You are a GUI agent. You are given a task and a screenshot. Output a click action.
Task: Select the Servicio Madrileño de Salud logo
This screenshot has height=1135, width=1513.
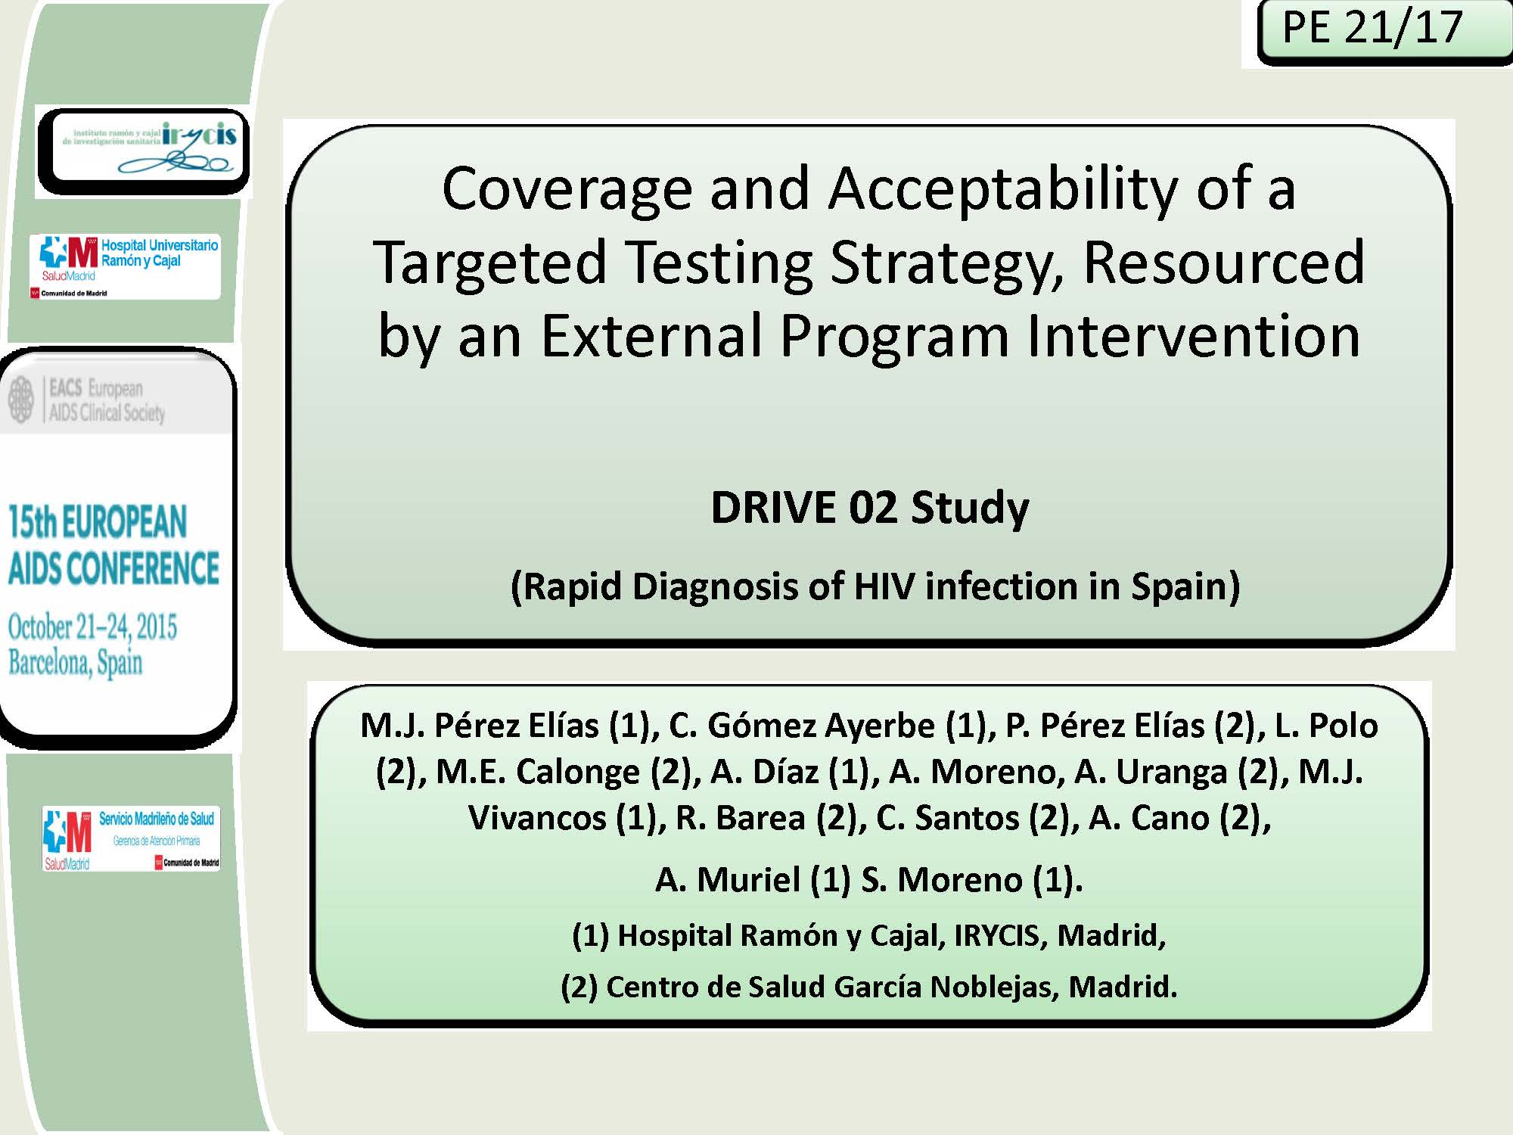click(x=131, y=838)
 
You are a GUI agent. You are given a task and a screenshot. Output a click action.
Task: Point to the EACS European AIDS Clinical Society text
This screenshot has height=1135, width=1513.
click(x=106, y=400)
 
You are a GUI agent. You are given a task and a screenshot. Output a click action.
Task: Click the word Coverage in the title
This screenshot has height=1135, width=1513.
click(x=567, y=189)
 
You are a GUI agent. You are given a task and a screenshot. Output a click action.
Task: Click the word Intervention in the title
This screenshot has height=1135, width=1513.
click(x=1193, y=336)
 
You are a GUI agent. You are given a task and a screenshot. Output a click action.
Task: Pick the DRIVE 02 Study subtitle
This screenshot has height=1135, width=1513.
click(x=869, y=508)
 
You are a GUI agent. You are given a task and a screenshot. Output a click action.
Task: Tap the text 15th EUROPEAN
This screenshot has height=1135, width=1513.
click(x=98, y=522)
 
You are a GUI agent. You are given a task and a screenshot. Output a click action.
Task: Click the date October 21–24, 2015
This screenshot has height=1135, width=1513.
click(x=92, y=627)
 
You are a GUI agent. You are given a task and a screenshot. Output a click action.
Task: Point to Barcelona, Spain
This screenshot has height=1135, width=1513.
click(x=75, y=663)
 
